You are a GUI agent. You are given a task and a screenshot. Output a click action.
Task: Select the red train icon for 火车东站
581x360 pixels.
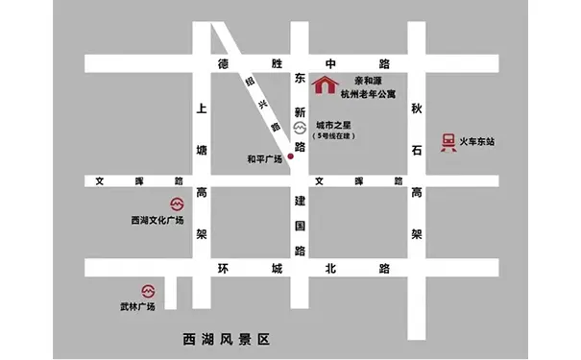point(447,142)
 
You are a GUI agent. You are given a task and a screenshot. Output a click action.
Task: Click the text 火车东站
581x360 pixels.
point(476,142)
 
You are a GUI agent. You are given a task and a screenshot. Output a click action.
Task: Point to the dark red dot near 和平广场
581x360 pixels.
point(291,156)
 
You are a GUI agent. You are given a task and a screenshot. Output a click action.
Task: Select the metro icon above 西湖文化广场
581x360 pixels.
point(175,204)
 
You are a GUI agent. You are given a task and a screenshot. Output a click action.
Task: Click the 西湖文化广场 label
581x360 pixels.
point(157,221)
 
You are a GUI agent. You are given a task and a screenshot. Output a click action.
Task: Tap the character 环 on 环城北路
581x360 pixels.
point(223,268)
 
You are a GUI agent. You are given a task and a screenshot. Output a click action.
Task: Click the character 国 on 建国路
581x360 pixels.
point(299,226)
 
